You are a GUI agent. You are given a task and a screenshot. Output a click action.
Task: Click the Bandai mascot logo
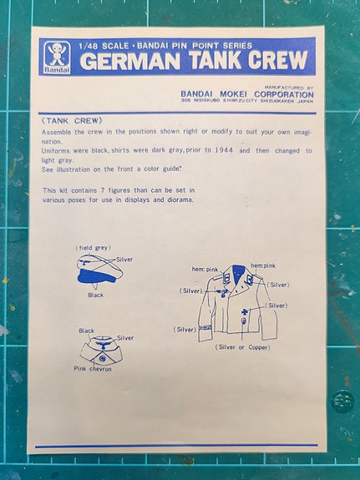[x=57, y=58]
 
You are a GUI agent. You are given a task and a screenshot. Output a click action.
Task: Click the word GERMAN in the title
[x=130, y=61]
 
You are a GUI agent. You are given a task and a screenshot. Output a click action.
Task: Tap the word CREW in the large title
[x=277, y=60]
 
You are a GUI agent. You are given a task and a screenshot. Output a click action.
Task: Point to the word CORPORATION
[x=284, y=94]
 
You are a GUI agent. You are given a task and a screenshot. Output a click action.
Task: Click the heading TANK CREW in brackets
[x=72, y=121]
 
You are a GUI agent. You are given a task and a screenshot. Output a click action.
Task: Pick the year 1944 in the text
[x=223, y=150]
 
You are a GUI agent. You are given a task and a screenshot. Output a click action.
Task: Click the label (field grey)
[x=94, y=248]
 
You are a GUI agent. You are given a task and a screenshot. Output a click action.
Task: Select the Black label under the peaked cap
[x=95, y=296]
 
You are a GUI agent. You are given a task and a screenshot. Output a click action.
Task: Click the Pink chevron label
[x=93, y=369]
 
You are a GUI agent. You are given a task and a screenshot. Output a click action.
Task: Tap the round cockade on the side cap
[x=102, y=358]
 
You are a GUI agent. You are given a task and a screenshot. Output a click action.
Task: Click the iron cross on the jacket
[x=244, y=312]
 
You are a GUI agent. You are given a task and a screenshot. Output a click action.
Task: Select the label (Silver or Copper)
[x=242, y=347]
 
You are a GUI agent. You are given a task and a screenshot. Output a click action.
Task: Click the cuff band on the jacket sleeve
[x=205, y=328]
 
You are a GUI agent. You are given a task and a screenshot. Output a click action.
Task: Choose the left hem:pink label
[x=205, y=270]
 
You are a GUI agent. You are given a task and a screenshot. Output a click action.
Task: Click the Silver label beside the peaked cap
[x=124, y=260]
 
